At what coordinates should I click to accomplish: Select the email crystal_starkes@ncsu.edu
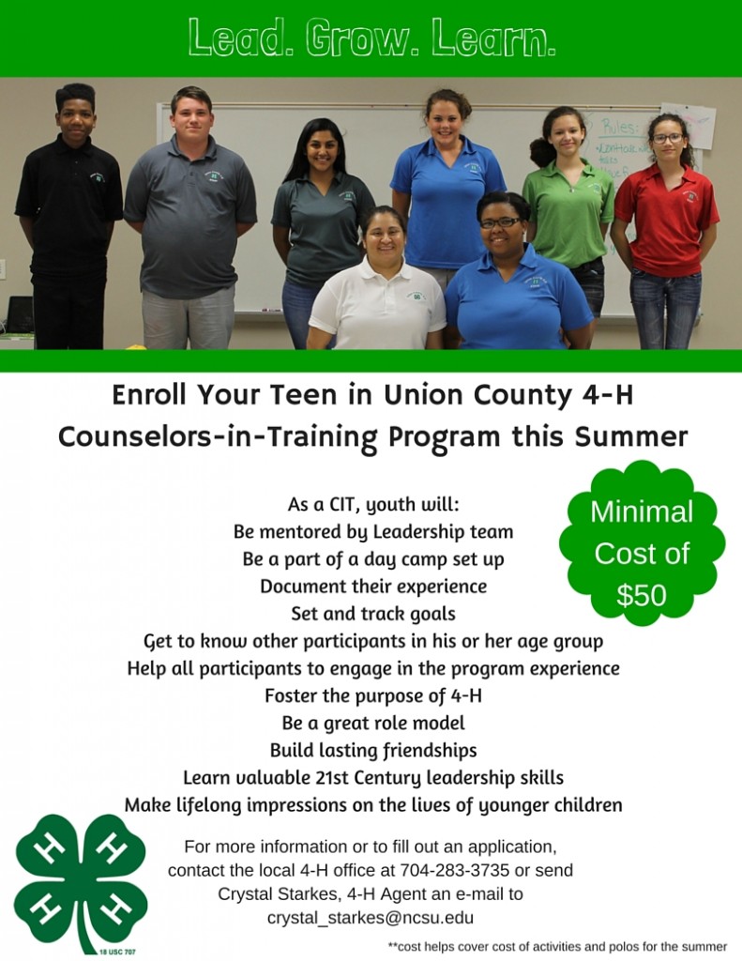click(371, 918)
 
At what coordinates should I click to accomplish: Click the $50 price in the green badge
click(641, 594)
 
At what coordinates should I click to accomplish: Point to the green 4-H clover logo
click(81, 882)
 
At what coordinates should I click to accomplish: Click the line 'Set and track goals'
click(373, 614)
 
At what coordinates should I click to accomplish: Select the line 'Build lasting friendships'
click(373, 750)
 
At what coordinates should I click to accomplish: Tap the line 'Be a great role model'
click(373, 724)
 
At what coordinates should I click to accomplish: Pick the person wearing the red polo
click(666, 231)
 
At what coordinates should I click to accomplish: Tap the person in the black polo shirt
click(68, 217)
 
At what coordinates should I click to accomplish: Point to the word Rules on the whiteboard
click(619, 127)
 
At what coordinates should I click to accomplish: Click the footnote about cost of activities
click(557, 946)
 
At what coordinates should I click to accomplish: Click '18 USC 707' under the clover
click(117, 952)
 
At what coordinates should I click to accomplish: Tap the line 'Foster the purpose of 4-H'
click(373, 695)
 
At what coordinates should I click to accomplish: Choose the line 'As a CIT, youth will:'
click(373, 504)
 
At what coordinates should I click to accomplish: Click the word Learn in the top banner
click(493, 38)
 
